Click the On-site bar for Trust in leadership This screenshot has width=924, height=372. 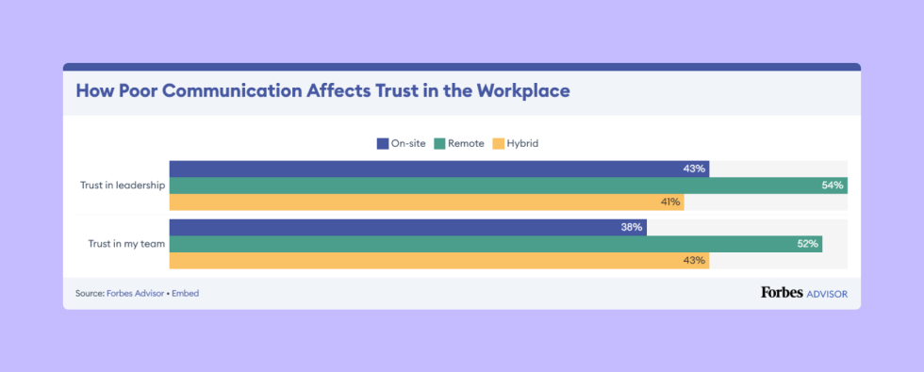click(438, 169)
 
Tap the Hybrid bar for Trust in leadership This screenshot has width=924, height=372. click(426, 202)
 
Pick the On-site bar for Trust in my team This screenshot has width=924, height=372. click(407, 227)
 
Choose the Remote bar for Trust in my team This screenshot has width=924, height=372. click(495, 244)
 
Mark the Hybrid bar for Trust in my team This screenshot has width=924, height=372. click(438, 261)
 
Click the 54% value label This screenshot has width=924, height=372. click(832, 186)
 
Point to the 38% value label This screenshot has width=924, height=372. click(632, 227)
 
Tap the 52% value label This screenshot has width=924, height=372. click(807, 244)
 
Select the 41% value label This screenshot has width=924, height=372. click(669, 202)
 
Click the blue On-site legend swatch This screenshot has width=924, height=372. click(383, 144)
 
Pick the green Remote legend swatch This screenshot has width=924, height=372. click(439, 144)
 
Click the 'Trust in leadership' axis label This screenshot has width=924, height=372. click(123, 186)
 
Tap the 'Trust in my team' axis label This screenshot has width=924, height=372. click(126, 244)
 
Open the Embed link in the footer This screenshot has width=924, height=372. click(186, 294)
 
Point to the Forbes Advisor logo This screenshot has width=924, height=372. click(803, 293)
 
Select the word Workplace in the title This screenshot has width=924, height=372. click(522, 92)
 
